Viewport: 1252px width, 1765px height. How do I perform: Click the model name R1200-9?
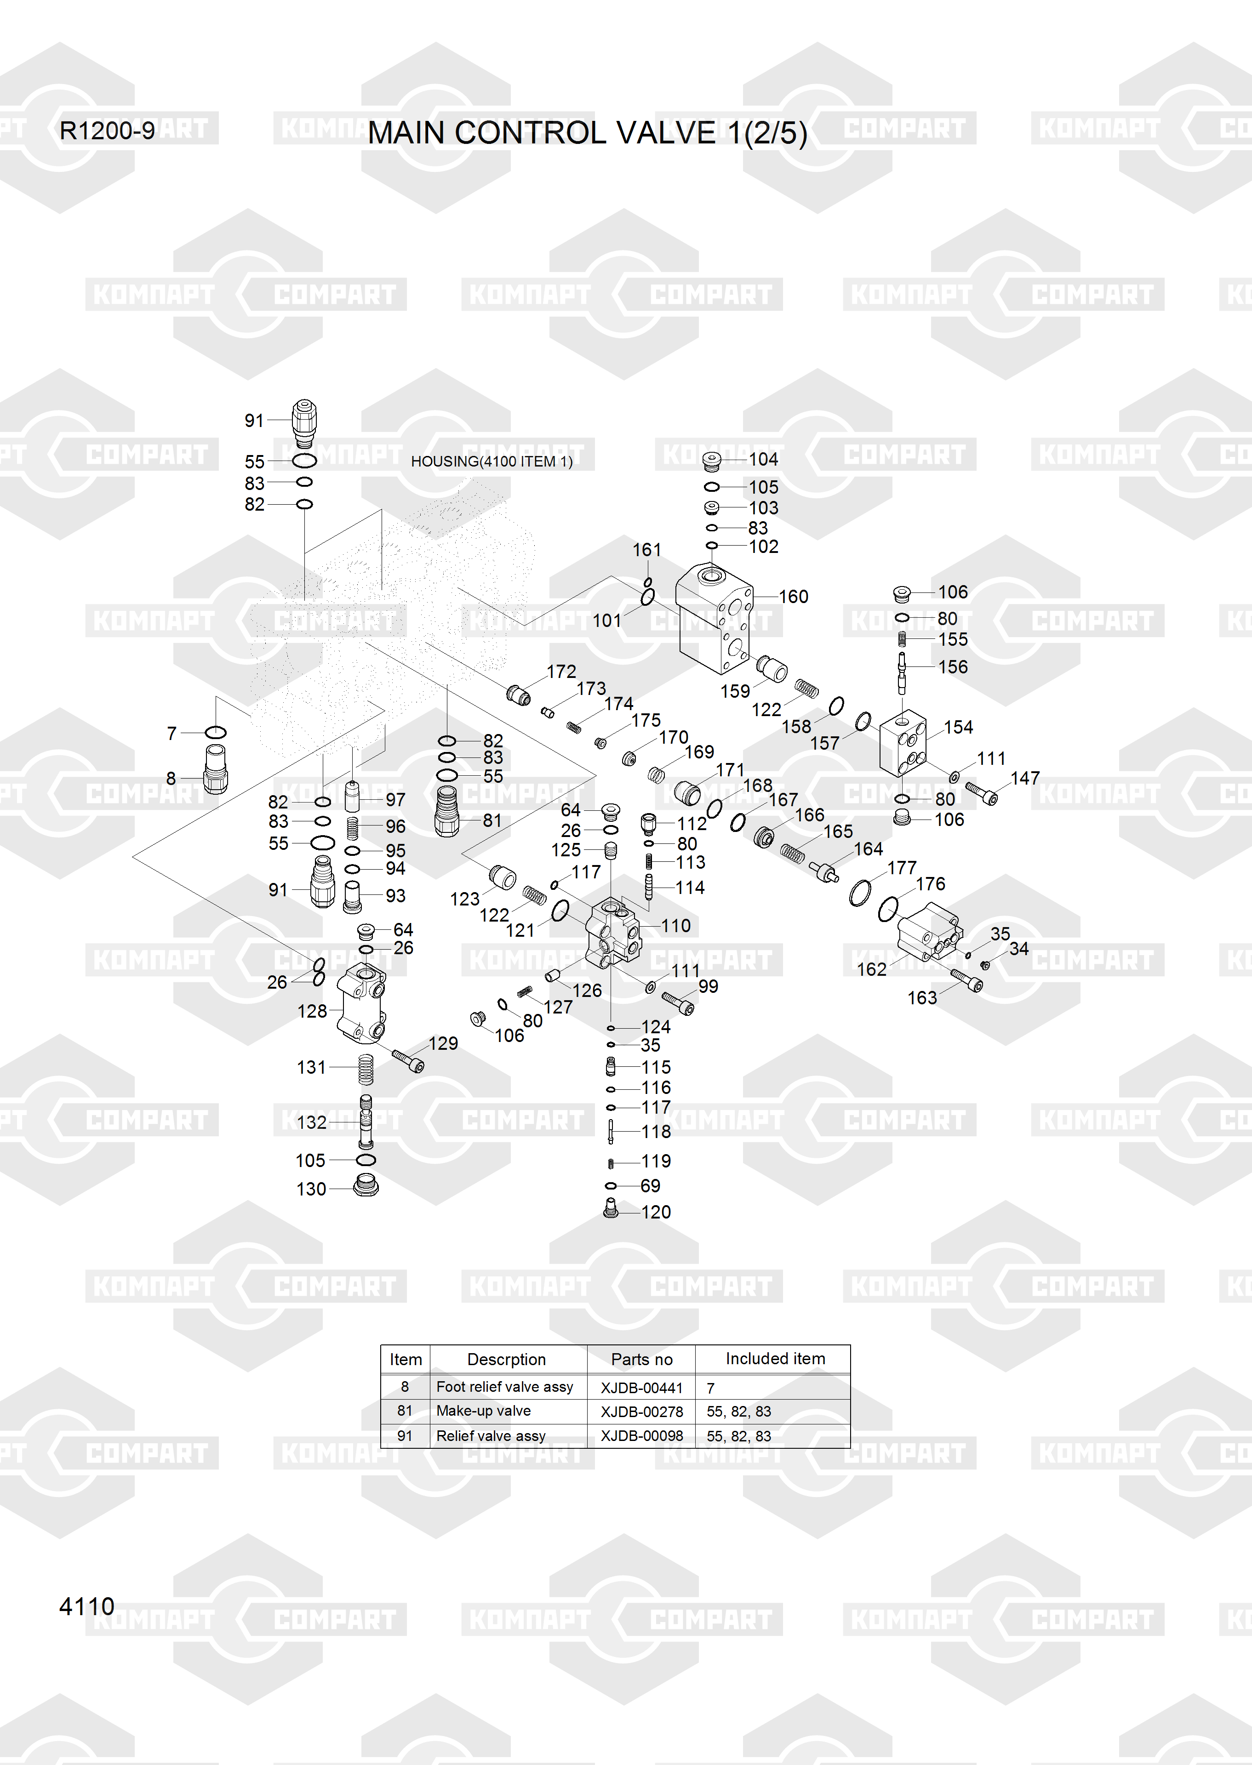107,131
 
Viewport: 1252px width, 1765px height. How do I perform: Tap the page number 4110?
86,1606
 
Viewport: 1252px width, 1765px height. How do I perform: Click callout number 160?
793,597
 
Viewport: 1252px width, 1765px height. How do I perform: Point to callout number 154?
958,727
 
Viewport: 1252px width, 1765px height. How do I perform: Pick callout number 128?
312,1010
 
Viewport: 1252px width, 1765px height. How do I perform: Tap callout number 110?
675,926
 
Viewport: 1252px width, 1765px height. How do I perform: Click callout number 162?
872,969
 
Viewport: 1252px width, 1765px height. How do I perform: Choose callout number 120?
656,1212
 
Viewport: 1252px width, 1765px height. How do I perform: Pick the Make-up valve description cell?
483,1411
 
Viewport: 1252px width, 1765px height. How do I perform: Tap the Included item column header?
775,1359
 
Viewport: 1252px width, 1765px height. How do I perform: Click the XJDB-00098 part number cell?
641,1436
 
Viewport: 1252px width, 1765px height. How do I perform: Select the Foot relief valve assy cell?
505,1387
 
